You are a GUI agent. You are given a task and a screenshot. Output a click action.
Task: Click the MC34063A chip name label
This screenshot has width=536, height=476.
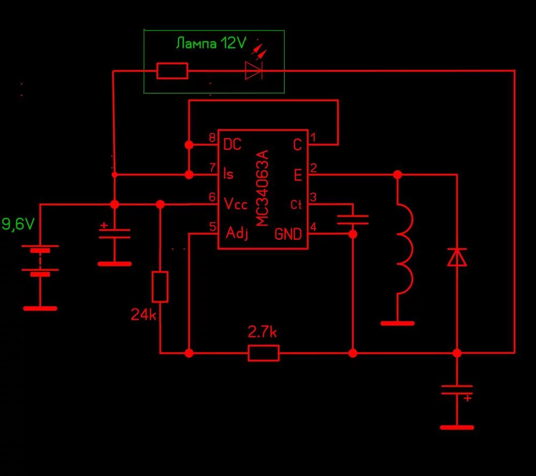263,188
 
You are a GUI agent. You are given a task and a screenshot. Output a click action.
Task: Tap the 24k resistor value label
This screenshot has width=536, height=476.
144,315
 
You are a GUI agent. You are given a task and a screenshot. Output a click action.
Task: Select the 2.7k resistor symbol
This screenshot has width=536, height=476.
263,353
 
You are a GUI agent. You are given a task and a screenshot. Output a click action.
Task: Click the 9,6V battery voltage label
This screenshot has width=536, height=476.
18,224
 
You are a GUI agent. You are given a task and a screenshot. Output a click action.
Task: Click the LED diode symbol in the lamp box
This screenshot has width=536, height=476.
254,70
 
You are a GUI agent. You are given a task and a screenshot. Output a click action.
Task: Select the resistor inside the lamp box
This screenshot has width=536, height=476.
172,71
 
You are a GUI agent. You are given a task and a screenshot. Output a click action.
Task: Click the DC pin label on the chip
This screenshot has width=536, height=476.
232,145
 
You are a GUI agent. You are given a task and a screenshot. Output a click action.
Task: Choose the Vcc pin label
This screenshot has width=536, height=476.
236,203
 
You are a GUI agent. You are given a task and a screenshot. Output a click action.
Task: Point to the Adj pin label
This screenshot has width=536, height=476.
237,234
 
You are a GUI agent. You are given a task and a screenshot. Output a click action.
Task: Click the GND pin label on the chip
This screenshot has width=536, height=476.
288,234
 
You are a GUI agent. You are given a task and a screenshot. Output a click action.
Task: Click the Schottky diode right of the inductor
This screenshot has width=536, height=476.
457,257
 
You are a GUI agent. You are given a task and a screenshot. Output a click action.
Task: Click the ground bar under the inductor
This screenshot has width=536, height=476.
397,323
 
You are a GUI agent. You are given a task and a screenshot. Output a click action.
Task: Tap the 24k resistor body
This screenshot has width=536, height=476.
160,286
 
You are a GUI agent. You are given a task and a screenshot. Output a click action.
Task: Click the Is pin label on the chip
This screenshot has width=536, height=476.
228,175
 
